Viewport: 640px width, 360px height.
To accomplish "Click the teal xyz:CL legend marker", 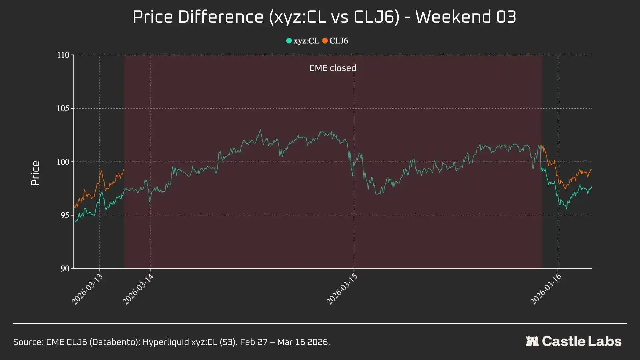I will tap(289, 41).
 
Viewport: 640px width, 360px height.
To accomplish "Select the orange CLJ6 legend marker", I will tap(325, 41).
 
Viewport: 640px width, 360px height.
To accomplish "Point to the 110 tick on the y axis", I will tap(63, 55).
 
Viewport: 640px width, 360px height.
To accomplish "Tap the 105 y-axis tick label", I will tap(63, 108).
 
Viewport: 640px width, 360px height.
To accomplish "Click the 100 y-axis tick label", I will tap(63, 162).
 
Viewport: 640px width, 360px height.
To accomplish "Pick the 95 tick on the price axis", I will tap(65, 215).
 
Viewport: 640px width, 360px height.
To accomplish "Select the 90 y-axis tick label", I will tap(65, 269).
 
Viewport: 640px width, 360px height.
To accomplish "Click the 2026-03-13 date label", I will tap(87, 289).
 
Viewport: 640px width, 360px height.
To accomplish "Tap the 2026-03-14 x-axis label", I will tap(138, 289).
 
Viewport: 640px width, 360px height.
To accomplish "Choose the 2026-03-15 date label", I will tap(342, 289).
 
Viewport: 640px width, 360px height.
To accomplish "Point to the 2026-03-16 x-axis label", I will tap(546, 289).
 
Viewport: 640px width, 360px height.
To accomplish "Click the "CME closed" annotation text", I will tap(333, 68).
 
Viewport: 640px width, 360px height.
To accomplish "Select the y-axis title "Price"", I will tap(35, 173).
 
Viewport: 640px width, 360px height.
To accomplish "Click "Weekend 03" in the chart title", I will tap(466, 17).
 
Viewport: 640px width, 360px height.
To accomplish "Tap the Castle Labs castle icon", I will tap(532, 341).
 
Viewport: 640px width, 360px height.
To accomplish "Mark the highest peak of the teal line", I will tap(260, 130).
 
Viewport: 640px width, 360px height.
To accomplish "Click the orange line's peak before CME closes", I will tap(101, 171).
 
